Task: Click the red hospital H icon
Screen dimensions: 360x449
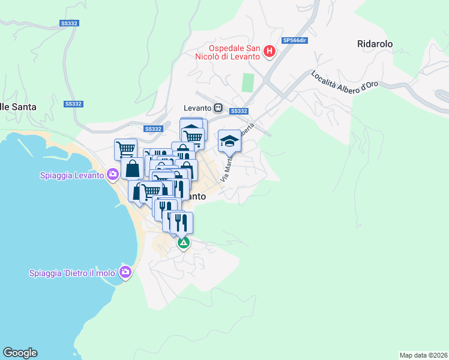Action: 270,52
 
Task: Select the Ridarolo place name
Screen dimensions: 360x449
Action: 375,44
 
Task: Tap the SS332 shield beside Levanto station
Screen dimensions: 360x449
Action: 239,111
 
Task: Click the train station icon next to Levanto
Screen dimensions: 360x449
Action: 218,108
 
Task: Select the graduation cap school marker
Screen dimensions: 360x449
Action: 229,140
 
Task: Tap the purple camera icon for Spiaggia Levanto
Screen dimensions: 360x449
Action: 112,175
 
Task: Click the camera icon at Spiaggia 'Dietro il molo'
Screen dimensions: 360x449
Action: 125,273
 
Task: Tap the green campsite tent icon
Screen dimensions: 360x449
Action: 184,243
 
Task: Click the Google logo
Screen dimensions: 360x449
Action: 20,353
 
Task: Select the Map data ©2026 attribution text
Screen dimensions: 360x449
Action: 423,355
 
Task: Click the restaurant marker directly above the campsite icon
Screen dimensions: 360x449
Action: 181,223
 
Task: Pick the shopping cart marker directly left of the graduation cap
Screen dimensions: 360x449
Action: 193,137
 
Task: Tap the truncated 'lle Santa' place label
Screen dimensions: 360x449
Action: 18,107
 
